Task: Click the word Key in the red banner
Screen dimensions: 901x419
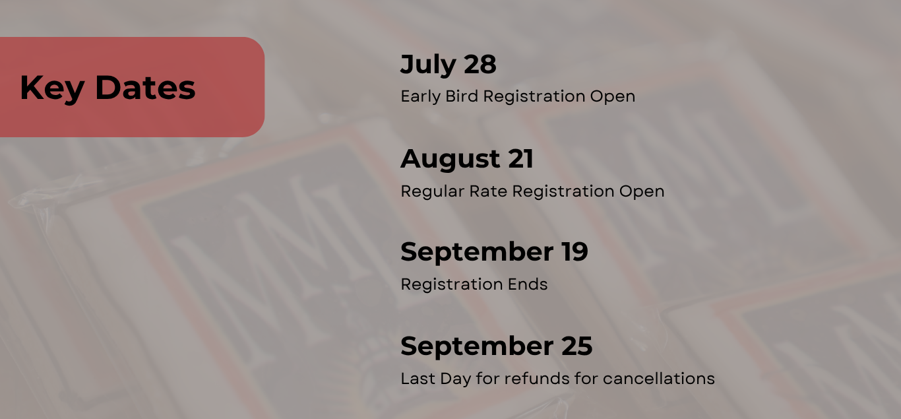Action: coord(52,88)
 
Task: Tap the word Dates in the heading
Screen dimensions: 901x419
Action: coord(145,87)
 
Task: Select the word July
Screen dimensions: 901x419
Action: coord(428,65)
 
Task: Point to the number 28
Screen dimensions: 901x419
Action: coord(480,64)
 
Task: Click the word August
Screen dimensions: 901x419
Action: coord(450,160)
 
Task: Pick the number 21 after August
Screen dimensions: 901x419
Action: coord(520,158)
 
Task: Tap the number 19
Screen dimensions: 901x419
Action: coord(575,252)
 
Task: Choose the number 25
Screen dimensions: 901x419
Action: coord(576,346)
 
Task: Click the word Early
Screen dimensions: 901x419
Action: coord(420,97)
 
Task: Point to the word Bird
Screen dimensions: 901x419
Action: coord(462,96)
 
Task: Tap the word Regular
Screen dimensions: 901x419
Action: coord(433,192)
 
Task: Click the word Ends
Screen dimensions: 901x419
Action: coord(527,284)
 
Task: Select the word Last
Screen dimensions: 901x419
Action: coord(418,379)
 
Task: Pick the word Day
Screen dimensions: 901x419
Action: coord(455,379)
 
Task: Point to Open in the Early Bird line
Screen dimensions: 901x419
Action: coord(613,97)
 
